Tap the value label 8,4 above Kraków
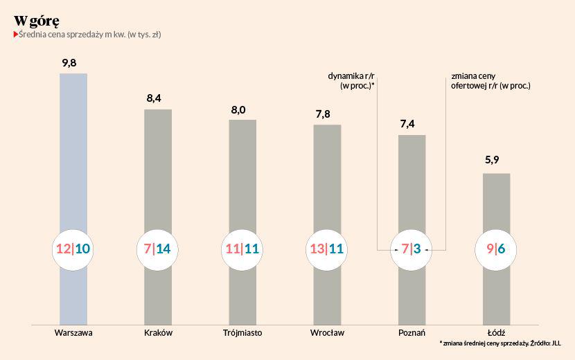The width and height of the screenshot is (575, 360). coord(153,98)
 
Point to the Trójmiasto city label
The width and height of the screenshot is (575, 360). coord(242,332)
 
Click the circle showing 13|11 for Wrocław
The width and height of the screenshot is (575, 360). coord(327,248)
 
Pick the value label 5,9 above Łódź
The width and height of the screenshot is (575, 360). coord(492,161)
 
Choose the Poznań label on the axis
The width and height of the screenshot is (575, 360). coord(412,332)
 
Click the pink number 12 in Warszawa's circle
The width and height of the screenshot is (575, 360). coord(63,248)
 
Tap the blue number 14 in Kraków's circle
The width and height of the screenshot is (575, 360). coord(164,248)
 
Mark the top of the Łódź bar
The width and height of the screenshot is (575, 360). coord(496,174)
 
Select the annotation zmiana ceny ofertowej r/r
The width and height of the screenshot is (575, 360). coord(490,81)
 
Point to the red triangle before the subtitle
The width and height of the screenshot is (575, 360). coord(16,34)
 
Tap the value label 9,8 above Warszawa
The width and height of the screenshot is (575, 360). coord(69,63)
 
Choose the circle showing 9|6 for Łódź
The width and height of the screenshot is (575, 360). coord(496,248)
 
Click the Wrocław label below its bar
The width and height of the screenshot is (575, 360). coord(327,332)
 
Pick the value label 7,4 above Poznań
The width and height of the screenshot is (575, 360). coord(407,124)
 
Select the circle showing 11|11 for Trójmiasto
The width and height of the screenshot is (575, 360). coord(242,248)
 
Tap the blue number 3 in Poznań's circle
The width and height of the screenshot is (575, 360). coord(418,248)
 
